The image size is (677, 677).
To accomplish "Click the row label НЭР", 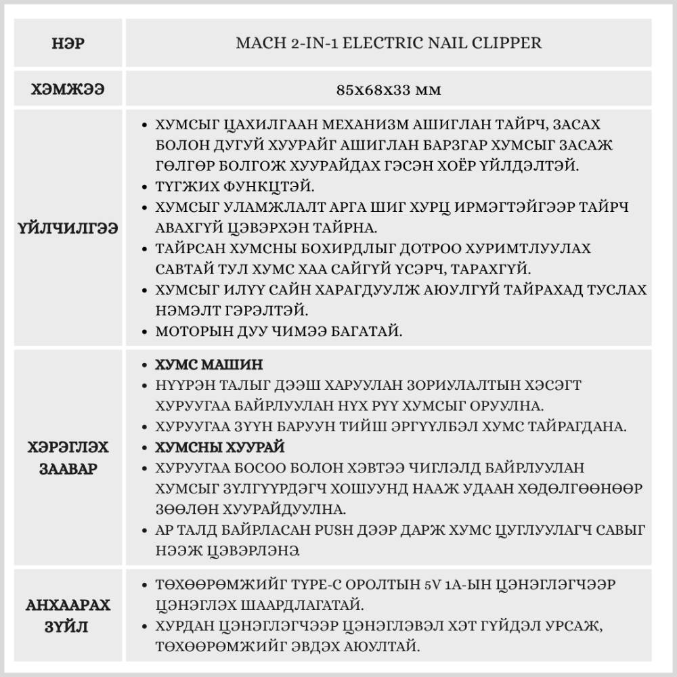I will pos(68,44).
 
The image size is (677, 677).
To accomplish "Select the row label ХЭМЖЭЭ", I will pos(68,89).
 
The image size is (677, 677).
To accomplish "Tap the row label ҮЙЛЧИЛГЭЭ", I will pos(68,229).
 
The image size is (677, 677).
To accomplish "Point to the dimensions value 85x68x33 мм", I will pos(388,89).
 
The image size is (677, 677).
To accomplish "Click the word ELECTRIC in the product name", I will pos(391,43).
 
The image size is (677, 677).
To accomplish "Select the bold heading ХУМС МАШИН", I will pos(209,365).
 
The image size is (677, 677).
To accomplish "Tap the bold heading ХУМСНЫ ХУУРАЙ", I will pos(220,447).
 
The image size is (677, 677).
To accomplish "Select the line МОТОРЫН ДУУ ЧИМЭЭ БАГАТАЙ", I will pos(279,332).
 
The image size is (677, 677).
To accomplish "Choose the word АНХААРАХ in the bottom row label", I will pos(68,605).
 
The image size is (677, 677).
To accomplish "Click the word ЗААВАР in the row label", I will pos(68,469).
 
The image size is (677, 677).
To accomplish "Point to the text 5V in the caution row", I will pos(428,584).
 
